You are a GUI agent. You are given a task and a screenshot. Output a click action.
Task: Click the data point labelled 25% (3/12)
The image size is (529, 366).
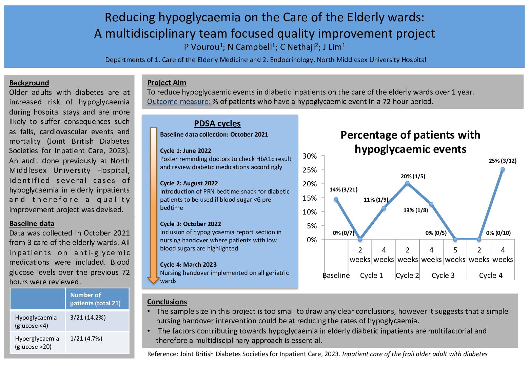pyautogui.click(x=503, y=169)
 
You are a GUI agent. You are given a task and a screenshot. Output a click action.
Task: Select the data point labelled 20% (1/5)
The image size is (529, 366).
pyautogui.click(x=407, y=183)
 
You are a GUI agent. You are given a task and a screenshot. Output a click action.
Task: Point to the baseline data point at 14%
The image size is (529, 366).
pyautogui.click(x=336, y=199)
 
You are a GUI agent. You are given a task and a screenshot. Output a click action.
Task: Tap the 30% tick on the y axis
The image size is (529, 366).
pyautogui.click(x=310, y=156)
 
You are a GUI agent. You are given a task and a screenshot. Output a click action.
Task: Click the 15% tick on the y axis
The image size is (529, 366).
pyautogui.click(x=310, y=198)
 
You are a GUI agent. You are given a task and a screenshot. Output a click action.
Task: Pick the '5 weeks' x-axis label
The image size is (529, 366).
pyautogui.click(x=455, y=255)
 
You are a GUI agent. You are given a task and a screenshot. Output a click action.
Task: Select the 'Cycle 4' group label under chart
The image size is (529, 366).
pyautogui.click(x=491, y=276)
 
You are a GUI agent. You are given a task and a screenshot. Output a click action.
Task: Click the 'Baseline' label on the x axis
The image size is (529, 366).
pyautogui.click(x=336, y=276)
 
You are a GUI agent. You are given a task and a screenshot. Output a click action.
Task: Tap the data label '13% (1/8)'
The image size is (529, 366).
pyautogui.click(x=415, y=210)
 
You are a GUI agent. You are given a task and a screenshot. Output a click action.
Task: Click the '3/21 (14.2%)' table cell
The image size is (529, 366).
pyautogui.click(x=88, y=318)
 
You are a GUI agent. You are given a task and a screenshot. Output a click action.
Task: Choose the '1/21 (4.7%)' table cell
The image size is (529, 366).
pyautogui.click(x=86, y=339)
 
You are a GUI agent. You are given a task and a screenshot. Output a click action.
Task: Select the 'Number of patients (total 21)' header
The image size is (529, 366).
pyautogui.click(x=95, y=299)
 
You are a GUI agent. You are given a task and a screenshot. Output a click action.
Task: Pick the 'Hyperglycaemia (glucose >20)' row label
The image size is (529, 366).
pyautogui.click(x=37, y=342)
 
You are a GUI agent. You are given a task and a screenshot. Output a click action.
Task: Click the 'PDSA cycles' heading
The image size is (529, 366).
pyautogui.click(x=217, y=124)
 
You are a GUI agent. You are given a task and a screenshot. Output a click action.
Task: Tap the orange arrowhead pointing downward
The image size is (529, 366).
pyautogui.click(x=153, y=280)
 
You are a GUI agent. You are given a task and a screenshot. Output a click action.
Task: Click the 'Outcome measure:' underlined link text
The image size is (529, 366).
pyautogui.click(x=179, y=102)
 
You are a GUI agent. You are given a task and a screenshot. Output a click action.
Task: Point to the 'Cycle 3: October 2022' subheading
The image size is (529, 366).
pyautogui.click(x=191, y=224)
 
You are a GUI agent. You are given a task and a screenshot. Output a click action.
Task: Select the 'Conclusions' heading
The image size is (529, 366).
pyautogui.click(x=167, y=302)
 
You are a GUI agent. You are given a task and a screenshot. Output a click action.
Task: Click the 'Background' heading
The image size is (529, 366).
pyautogui.click(x=29, y=83)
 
